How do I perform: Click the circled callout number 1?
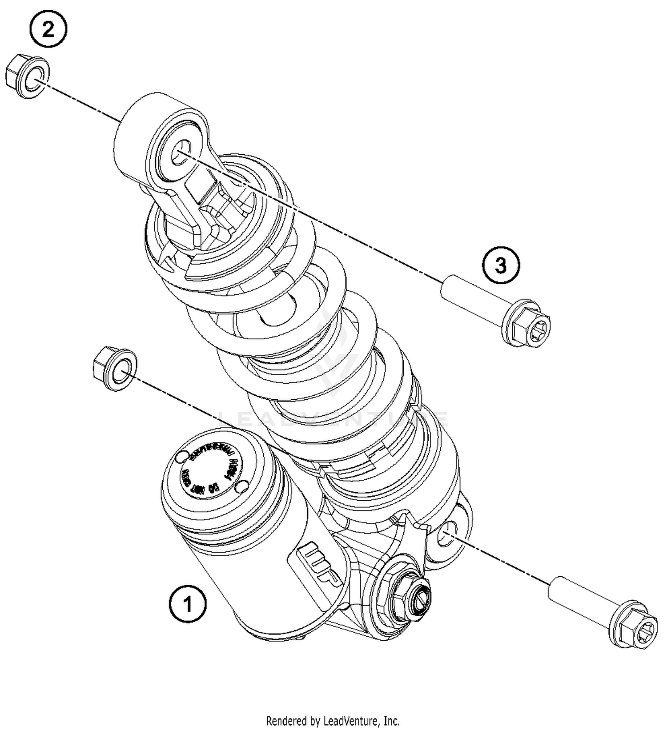188,604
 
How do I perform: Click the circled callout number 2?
48,30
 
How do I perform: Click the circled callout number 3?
501,266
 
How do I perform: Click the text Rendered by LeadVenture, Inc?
333,720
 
